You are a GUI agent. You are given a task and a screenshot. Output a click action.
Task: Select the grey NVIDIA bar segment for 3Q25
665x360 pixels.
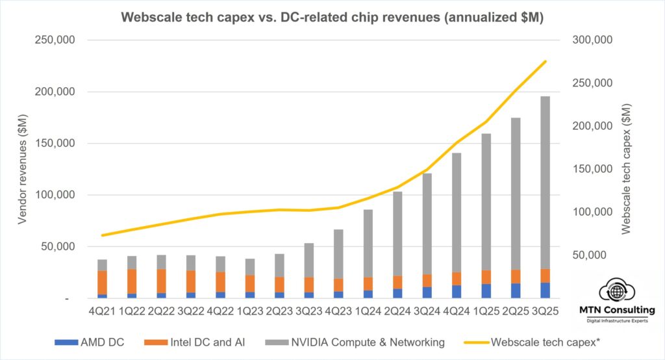coord(545,182)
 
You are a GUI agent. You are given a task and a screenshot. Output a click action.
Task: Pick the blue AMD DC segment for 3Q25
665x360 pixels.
coord(545,290)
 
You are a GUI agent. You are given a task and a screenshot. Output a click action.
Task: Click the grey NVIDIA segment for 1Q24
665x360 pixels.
coord(368,243)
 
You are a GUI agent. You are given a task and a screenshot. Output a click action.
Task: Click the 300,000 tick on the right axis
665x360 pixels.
coord(592,40)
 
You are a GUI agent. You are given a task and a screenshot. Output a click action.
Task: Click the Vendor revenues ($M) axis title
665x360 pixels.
coord(22,169)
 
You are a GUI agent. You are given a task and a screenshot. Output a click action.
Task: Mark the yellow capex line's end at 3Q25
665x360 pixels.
coord(545,62)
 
